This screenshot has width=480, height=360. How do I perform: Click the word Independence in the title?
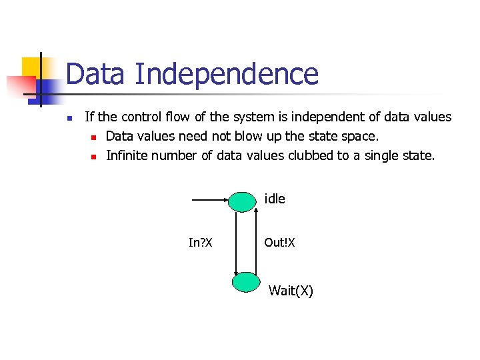pyautogui.click(x=226, y=74)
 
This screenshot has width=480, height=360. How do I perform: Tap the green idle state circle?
pyautogui.click(x=245, y=201)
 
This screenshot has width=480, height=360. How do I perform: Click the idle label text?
pyautogui.click(x=275, y=199)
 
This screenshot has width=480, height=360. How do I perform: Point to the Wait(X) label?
pyautogui.click(x=291, y=291)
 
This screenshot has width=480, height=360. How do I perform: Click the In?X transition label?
pyautogui.click(x=200, y=243)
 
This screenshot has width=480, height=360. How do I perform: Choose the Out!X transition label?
pyautogui.click(x=279, y=243)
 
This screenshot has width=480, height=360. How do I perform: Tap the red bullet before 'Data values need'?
pyautogui.click(x=94, y=138)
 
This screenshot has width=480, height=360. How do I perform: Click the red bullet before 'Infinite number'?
pyautogui.click(x=94, y=157)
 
